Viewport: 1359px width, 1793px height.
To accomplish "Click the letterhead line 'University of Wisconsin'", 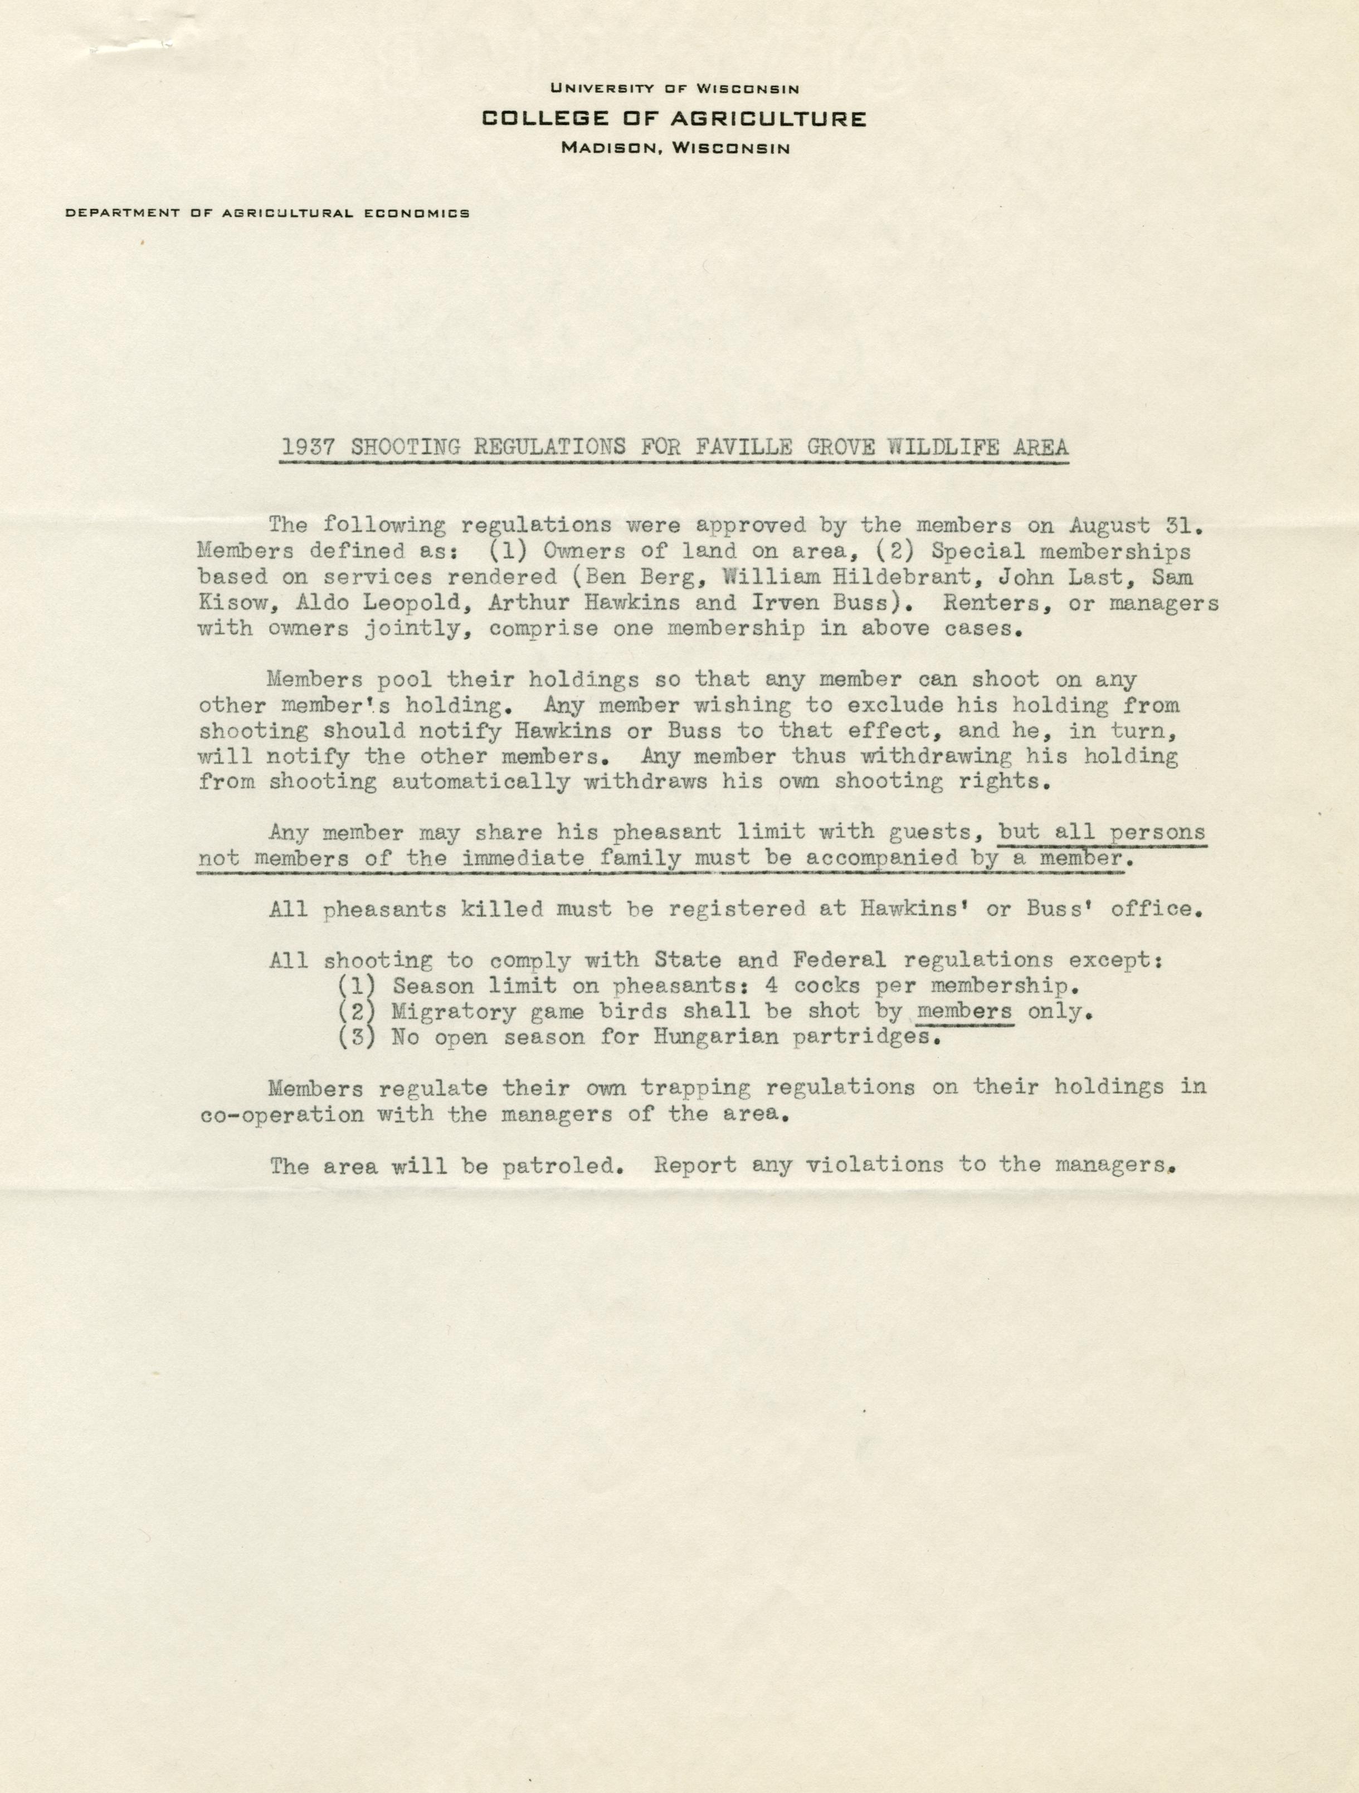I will click(674, 89).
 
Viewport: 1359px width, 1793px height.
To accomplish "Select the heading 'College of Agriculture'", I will click(674, 119).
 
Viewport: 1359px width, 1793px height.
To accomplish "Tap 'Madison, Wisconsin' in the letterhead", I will click(674, 148).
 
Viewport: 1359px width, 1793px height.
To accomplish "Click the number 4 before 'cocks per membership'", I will click(772, 985).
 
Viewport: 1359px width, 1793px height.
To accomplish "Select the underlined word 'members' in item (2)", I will click(963, 1012).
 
